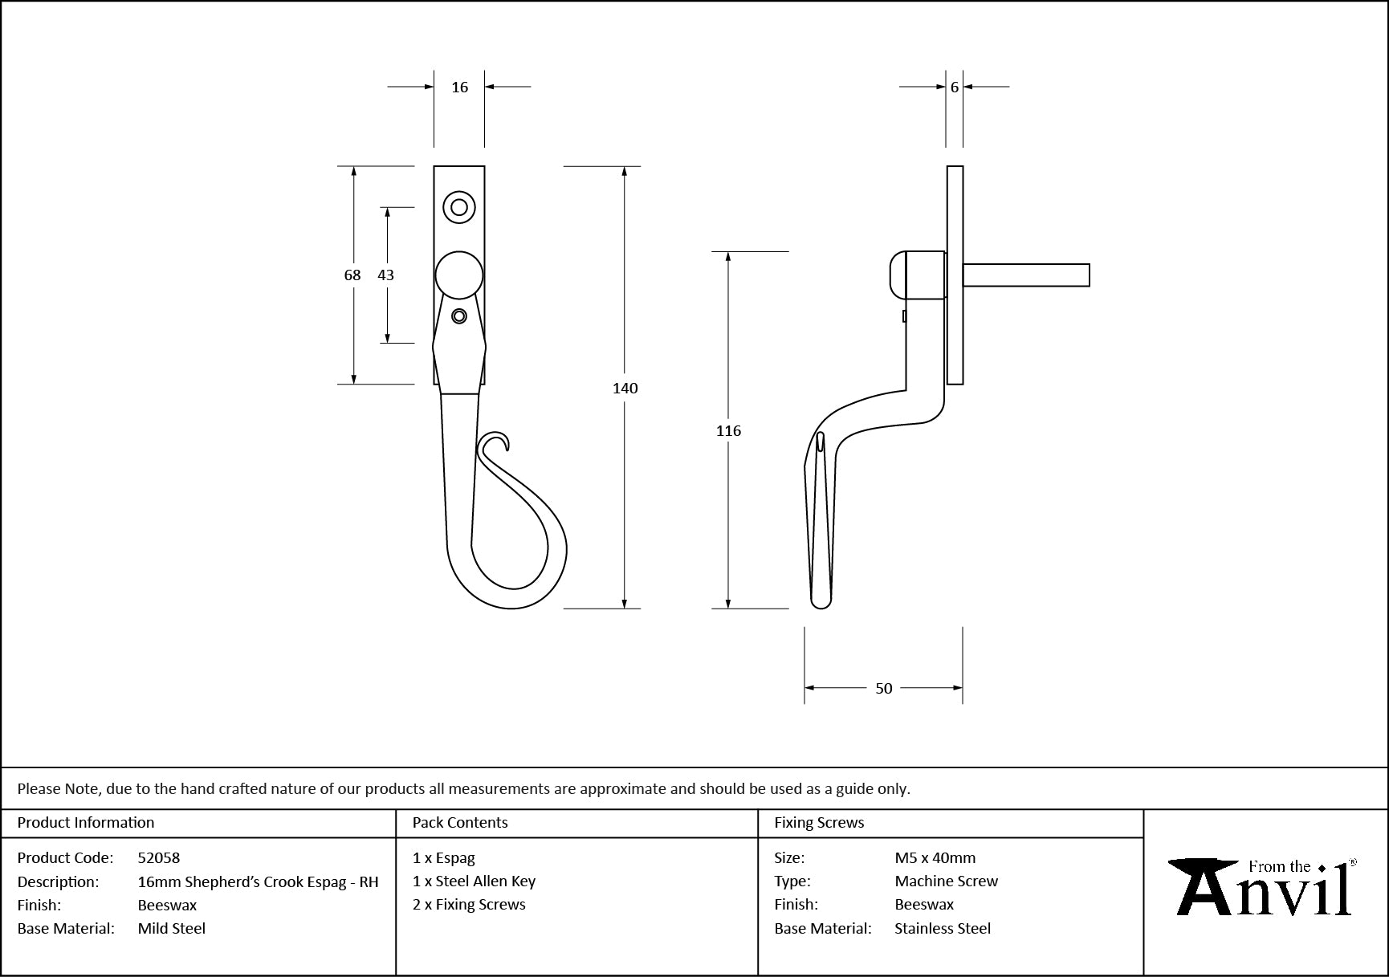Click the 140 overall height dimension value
pos(625,389)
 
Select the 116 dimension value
pos(728,431)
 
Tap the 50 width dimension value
pos(883,688)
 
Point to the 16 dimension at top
pos(459,87)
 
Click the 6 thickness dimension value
pos(954,87)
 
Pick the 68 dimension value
pos(352,275)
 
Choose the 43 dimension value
pos(385,275)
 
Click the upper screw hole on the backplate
pos(459,207)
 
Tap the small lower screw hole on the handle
pos(459,316)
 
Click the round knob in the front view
pos(459,275)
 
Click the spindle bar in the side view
pos(1026,275)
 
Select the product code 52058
pos(159,857)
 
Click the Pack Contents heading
pos(460,823)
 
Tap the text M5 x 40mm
pos(935,857)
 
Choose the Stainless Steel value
pos(943,928)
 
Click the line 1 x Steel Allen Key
pos(474,881)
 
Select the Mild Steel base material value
pos(172,928)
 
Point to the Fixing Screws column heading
pos(819,823)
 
